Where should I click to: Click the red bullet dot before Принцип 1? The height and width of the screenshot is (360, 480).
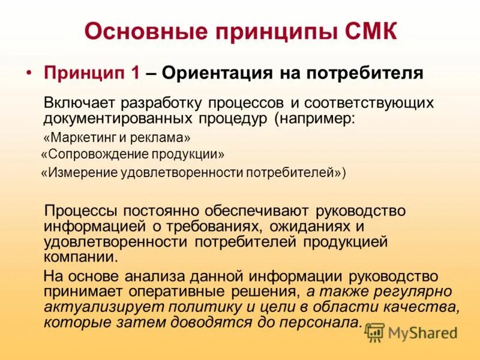(29, 72)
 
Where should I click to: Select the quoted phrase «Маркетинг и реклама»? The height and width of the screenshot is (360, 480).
(118, 137)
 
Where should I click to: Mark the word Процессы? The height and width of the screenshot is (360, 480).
(82, 211)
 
